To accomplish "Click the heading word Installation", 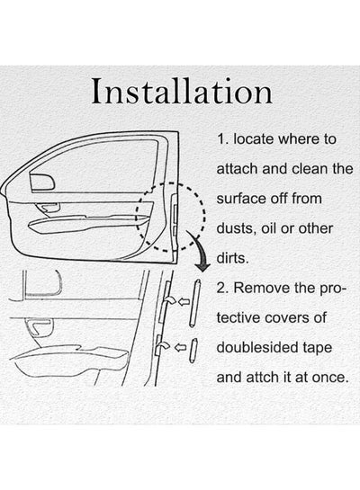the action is [182, 91].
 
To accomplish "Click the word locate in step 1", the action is [253, 138].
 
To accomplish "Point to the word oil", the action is [269, 228].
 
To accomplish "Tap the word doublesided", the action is [257, 348].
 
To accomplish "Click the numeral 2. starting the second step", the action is [223, 288].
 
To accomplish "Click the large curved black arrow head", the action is [202, 266].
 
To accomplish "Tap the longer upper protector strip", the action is [195, 303].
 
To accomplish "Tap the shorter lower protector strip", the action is [193, 351].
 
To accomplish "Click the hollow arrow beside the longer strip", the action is [184, 302].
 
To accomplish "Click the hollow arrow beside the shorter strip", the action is [180, 347].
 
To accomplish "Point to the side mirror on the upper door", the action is [42, 182].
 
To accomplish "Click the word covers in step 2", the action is [284, 317].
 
